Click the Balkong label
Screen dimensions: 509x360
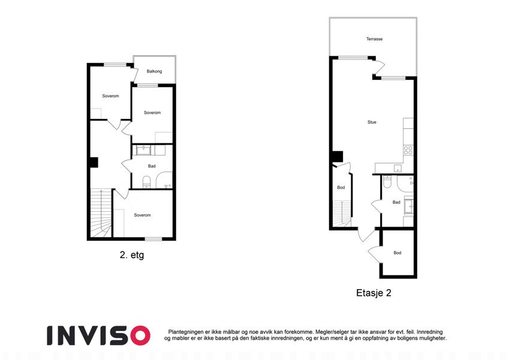click(154, 71)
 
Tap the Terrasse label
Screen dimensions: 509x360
click(374, 39)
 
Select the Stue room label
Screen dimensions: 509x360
click(372, 122)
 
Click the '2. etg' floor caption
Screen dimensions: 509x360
click(132, 255)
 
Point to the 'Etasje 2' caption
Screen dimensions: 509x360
click(374, 293)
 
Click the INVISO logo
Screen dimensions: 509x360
click(98, 335)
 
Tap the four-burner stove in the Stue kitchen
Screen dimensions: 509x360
click(408, 151)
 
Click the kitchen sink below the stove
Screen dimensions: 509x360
click(397, 169)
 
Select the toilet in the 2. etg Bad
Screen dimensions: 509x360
click(147, 182)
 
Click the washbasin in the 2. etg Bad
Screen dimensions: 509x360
click(143, 150)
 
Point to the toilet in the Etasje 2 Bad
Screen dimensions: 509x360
click(387, 182)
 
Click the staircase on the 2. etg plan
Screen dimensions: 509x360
click(101, 213)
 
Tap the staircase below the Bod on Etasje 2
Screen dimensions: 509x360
click(342, 214)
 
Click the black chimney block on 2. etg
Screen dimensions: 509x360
click(94, 163)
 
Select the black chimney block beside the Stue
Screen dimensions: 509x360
click(338, 156)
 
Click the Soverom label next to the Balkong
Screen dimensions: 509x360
click(152, 113)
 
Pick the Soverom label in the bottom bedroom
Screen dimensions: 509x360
click(142, 215)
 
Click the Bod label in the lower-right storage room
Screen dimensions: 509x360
click(397, 253)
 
